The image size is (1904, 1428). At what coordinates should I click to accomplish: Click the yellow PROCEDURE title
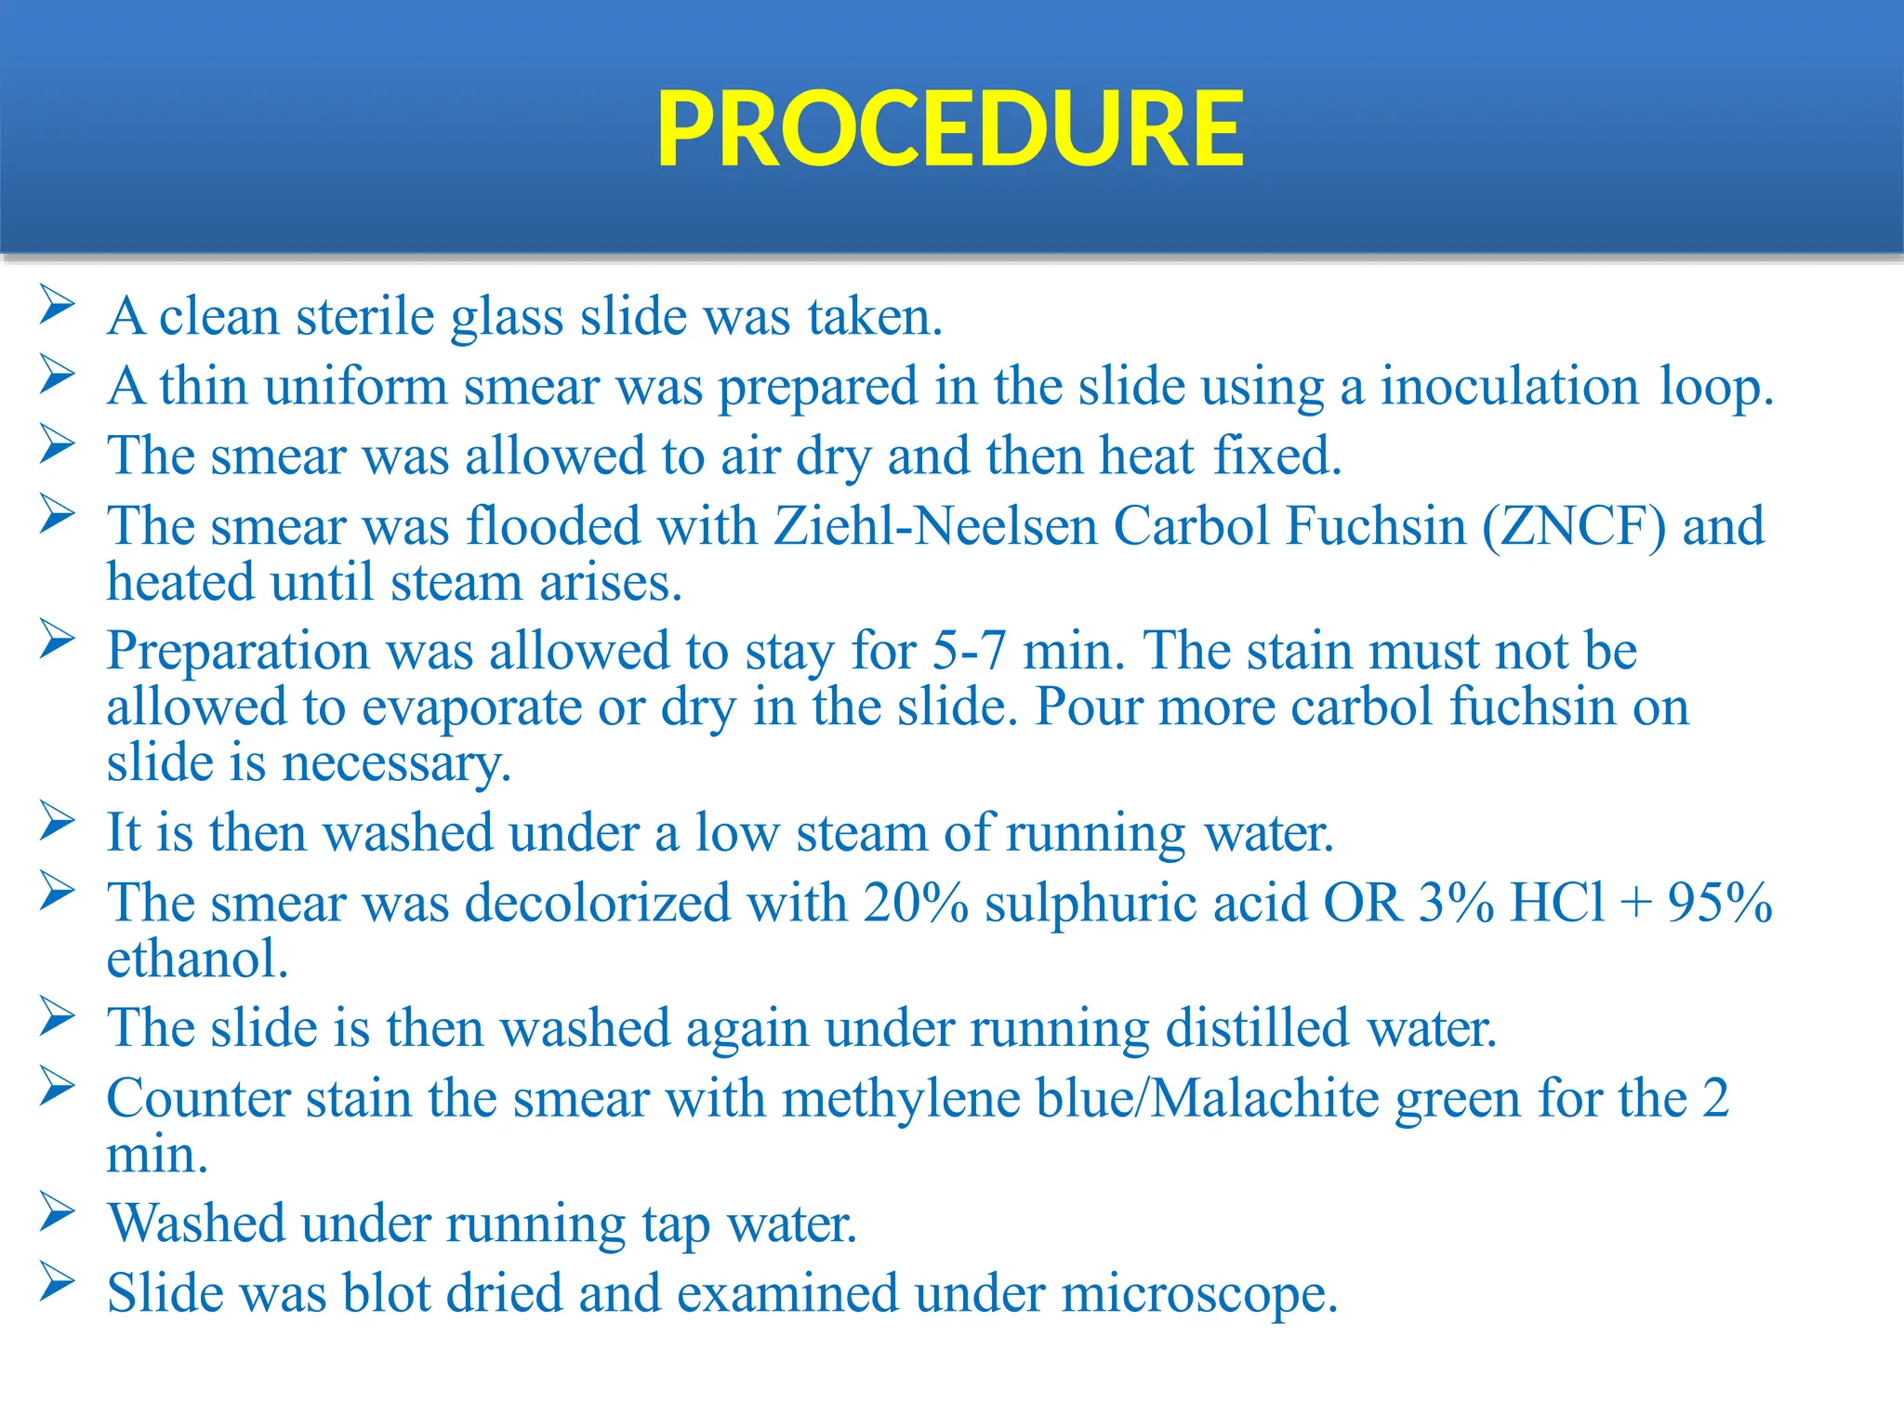[x=949, y=129]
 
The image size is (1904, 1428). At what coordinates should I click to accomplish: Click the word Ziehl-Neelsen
[x=935, y=526]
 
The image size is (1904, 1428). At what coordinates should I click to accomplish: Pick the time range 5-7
[x=969, y=650]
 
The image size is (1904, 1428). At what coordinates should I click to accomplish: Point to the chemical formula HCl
[x=1558, y=903]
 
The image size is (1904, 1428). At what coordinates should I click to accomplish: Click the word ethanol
[x=197, y=959]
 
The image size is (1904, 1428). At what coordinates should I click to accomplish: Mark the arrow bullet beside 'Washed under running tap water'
[x=58, y=1212]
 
